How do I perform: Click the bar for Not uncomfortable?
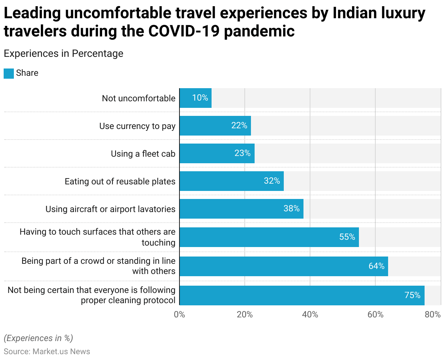(196, 98)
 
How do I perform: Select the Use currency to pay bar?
(215, 126)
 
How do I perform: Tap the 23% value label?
(243, 153)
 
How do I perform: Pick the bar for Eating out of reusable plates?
(232, 181)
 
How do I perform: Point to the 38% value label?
(291, 209)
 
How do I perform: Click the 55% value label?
(347, 237)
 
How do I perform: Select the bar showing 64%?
(284, 266)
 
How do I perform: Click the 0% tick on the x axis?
(179, 314)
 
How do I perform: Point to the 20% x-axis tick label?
(245, 314)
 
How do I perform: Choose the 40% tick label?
(310, 314)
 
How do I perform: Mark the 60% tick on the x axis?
(375, 314)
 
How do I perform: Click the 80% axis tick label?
(433, 314)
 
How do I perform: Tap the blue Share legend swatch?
(9, 73)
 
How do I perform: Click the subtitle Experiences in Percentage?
(63, 54)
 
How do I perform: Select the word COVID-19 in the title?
(184, 31)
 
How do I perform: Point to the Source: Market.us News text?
(47, 352)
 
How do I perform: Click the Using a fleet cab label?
(143, 154)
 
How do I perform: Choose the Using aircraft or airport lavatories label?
(110, 209)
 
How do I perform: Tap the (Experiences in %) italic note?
(38, 338)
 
